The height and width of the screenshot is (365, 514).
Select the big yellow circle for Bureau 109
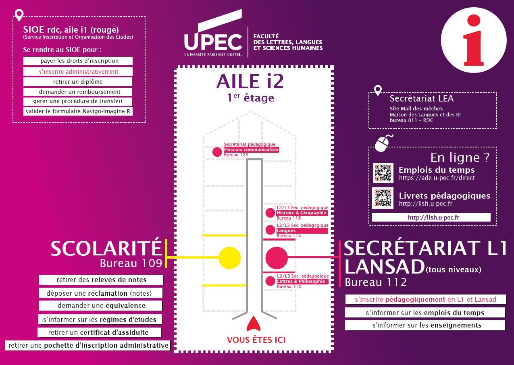click(x=229, y=257)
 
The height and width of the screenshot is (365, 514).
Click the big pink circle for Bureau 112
click(x=277, y=257)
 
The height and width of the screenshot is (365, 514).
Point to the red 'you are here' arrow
click(x=253, y=324)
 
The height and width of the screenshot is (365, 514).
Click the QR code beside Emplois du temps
click(x=383, y=173)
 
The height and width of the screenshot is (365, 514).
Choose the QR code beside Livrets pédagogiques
click(x=383, y=199)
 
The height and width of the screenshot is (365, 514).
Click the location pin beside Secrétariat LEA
click(x=378, y=90)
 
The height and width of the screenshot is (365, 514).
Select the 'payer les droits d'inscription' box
click(x=78, y=61)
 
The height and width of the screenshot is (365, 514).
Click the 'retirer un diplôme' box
click(x=78, y=82)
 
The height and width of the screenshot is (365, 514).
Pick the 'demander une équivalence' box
click(x=101, y=305)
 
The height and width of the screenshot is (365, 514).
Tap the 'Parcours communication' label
click(x=251, y=149)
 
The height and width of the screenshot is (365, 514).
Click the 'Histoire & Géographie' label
click(x=301, y=213)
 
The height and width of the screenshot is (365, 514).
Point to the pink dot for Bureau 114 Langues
click(x=270, y=230)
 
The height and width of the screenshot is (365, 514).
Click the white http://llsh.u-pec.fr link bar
click(x=431, y=217)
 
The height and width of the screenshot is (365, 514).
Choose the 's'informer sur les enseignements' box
click(x=425, y=325)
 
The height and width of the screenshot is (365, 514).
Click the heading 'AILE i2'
click(x=250, y=81)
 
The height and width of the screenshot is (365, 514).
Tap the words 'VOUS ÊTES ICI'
click(x=256, y=340)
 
